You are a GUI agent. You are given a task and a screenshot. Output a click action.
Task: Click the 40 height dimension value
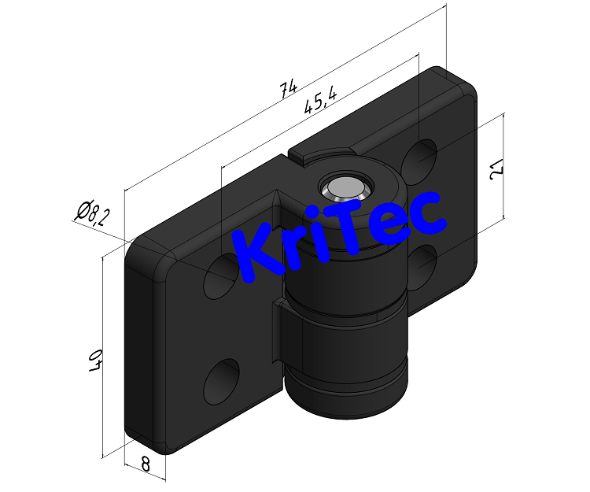pos(94,360)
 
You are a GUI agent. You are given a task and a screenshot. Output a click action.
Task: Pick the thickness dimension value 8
pos(146,464)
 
